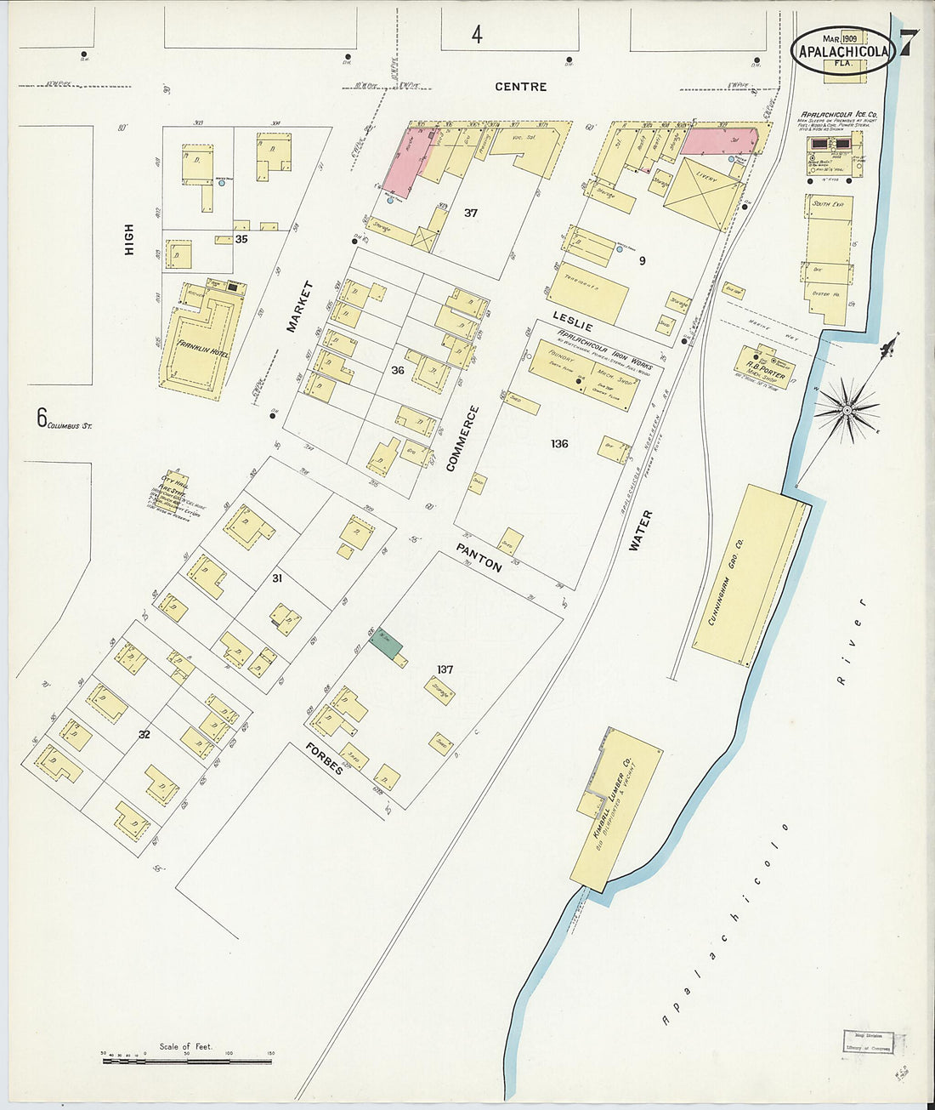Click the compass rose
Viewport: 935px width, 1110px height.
(846, 411)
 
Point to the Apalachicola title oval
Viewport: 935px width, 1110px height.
(842, 50)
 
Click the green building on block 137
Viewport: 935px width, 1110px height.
(386, 642)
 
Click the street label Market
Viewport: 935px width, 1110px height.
(299, 306)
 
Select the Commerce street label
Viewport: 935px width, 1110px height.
(463, 438)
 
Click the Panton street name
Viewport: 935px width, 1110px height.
(479, 557)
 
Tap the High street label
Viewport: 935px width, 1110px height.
(128, 239)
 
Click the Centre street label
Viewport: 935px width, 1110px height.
(520, 87)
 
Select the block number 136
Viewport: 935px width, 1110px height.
(558, 444)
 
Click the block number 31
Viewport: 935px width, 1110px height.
(276, 578)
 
